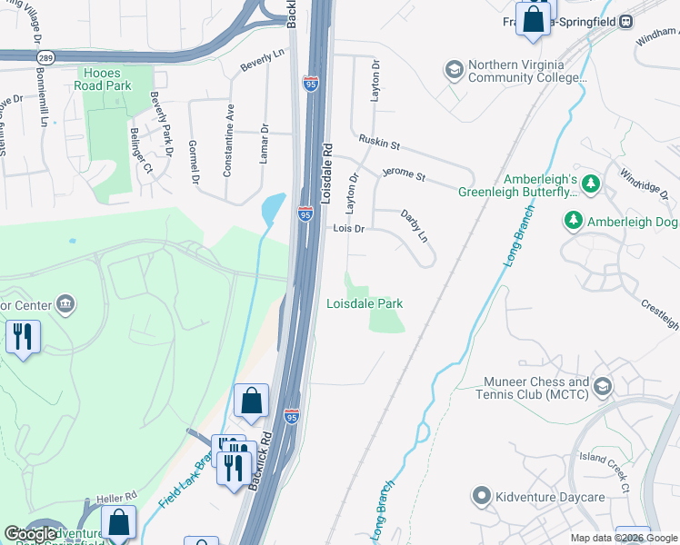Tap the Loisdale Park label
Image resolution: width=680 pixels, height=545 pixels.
(365, 304)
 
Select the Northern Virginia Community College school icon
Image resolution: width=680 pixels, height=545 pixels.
(454, 70)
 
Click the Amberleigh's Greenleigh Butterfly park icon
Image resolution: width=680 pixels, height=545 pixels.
(592, 185)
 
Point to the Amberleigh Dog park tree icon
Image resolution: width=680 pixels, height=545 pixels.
(574, 221)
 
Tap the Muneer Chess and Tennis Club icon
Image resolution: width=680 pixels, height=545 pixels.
(602, 389)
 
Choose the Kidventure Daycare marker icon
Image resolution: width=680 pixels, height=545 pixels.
(482, 496)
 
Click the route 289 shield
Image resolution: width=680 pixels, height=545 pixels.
(44, 56)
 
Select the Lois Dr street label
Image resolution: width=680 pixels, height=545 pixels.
(348, 230)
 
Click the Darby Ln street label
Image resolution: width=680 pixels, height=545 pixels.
(415, 226)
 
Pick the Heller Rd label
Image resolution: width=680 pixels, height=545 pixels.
(117, 496)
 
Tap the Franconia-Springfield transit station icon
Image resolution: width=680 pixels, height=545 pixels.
(626, 21)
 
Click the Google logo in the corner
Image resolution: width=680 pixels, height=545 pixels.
(32, 534)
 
